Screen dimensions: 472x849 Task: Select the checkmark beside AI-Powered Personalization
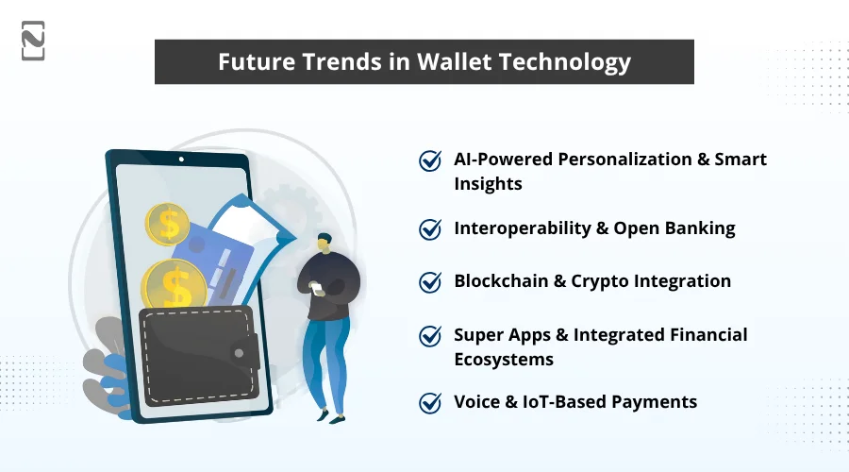pos(430,160)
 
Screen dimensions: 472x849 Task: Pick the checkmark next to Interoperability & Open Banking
pos(430,229)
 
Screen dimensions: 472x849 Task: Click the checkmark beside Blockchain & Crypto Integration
pos(430,282)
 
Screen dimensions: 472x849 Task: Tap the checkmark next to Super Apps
pos(430,335)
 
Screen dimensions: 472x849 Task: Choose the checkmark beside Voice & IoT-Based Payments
pos(430,403)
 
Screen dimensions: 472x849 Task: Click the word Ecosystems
pos(504,360)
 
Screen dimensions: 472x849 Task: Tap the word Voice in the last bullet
pos(478,402)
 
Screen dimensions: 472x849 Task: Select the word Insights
pos(488,184)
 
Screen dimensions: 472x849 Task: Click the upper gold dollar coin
pos(168,224)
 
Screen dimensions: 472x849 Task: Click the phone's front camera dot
pos(181,160)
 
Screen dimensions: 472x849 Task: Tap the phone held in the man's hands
pos(317,285)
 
